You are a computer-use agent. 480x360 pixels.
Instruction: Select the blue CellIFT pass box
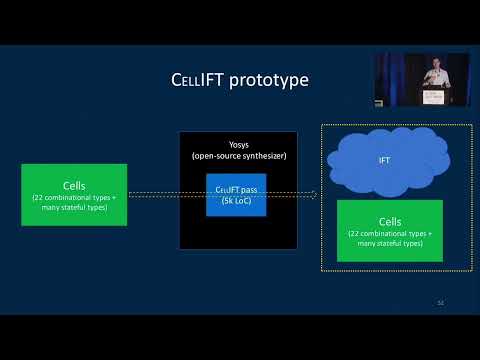click(236, 194)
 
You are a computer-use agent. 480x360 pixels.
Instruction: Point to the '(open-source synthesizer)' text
click(238, 155)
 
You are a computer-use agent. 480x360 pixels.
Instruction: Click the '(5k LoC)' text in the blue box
click(236, 201)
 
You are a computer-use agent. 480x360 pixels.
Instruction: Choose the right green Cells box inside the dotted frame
click(389, 230)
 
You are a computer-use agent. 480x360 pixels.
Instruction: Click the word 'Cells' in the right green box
click(389, 222)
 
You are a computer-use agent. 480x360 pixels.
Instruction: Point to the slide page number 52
click(440, 302)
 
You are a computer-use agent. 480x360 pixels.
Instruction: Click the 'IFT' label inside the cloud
click(384, 161)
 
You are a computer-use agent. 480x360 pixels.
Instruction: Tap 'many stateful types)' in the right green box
click(389, 243)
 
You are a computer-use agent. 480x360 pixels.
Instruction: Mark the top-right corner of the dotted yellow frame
click(471, 125)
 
